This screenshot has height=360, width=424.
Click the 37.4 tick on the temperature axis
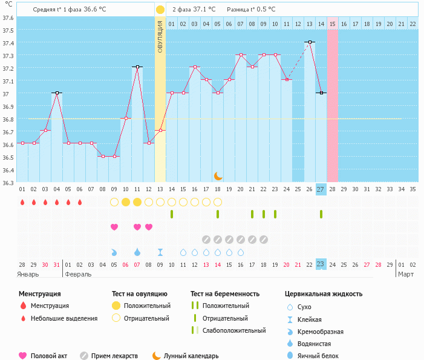8,43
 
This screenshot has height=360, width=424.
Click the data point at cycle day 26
310,42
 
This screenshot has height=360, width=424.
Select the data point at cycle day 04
56,93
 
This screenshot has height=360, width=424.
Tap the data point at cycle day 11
137,67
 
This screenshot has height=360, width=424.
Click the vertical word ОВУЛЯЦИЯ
160,36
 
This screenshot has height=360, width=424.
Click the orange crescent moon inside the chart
218,175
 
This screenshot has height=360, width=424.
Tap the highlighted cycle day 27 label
321,189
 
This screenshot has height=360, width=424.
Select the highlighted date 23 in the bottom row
321,264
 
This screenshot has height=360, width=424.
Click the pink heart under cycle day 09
114,227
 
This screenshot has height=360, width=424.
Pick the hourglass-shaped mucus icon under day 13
160,252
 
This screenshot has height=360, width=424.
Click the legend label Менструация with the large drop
50,306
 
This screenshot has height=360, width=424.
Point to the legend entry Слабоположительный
234,330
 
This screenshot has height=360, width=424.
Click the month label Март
405,274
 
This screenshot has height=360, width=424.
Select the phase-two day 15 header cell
333,24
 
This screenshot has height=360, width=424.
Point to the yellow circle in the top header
160,10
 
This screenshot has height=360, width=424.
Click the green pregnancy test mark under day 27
321,214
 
